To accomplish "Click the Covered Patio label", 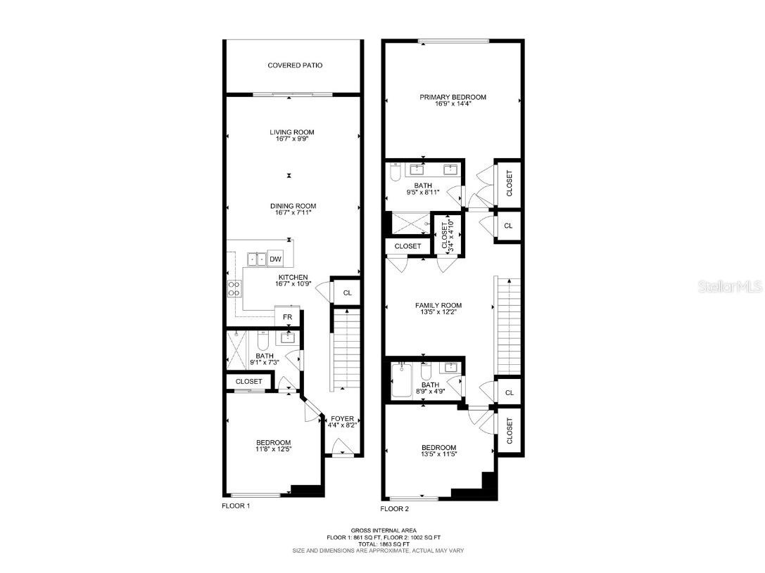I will [295, 65].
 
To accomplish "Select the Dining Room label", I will [293, 206].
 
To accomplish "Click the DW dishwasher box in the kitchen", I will [275, 259].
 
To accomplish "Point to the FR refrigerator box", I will [287, 317].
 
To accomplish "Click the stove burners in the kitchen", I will [234, 288].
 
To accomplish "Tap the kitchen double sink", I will [257, 259].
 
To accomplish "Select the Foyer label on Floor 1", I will [342, 418].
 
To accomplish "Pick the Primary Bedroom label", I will [453, 97].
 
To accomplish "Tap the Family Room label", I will [438, 305].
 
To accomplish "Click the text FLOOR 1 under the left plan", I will [236, 506].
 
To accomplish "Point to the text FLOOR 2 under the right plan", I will [395, 508].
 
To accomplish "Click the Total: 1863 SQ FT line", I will [384, 543].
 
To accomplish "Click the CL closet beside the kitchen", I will [347, 293].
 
